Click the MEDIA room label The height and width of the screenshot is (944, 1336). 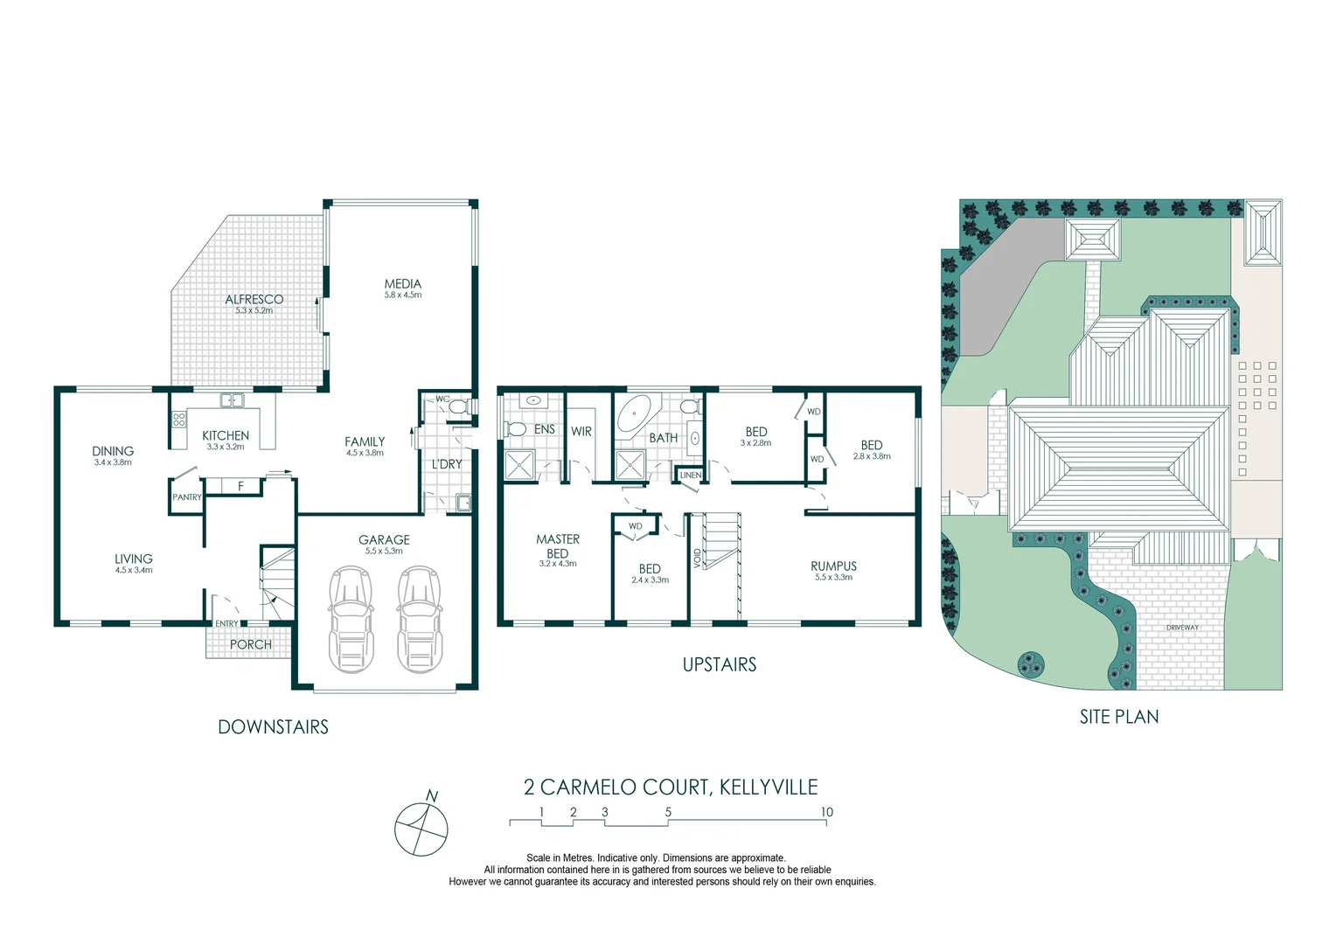click(x=402, y=284)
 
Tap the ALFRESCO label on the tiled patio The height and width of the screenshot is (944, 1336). click(x=254, y=300)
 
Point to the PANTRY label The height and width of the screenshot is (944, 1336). click(x=186, y=497)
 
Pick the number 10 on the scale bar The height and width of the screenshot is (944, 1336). click(x=826, y=812)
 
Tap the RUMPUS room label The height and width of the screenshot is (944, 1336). click(x=833, y=566)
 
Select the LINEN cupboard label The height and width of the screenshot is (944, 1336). click(x=690, y=475)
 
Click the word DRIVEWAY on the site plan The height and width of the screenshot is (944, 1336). click(x=1182, y=628)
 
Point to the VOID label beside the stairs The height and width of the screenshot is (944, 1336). click(x=697, y=558)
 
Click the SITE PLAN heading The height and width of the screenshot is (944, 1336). click(x=1118, y=717)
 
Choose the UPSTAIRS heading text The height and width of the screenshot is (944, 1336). click(x=719, y=665)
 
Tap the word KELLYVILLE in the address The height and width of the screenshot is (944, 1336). click(x=769, y=788)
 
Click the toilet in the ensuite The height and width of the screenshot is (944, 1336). click(x=514, y=429)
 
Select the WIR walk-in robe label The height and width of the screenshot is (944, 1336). click(x=581, y=432)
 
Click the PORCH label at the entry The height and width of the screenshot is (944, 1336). click(x=250, y=645)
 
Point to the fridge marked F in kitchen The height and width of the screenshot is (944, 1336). click(x=240, y=486)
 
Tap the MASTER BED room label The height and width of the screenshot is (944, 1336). click(x=557, y=546)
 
